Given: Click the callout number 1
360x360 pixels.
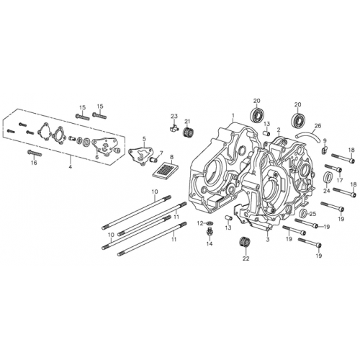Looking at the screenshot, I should point(233,116).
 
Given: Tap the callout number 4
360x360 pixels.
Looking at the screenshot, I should point(71,167).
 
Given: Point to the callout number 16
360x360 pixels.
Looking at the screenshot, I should point(33,163).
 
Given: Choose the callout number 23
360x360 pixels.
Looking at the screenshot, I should point(174,117).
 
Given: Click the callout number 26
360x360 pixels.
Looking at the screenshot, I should point(318,125).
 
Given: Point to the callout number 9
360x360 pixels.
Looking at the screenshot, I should point(324,141).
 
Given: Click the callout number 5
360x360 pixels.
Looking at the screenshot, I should point(144,138).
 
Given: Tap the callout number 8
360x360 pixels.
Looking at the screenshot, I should point(171,156).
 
